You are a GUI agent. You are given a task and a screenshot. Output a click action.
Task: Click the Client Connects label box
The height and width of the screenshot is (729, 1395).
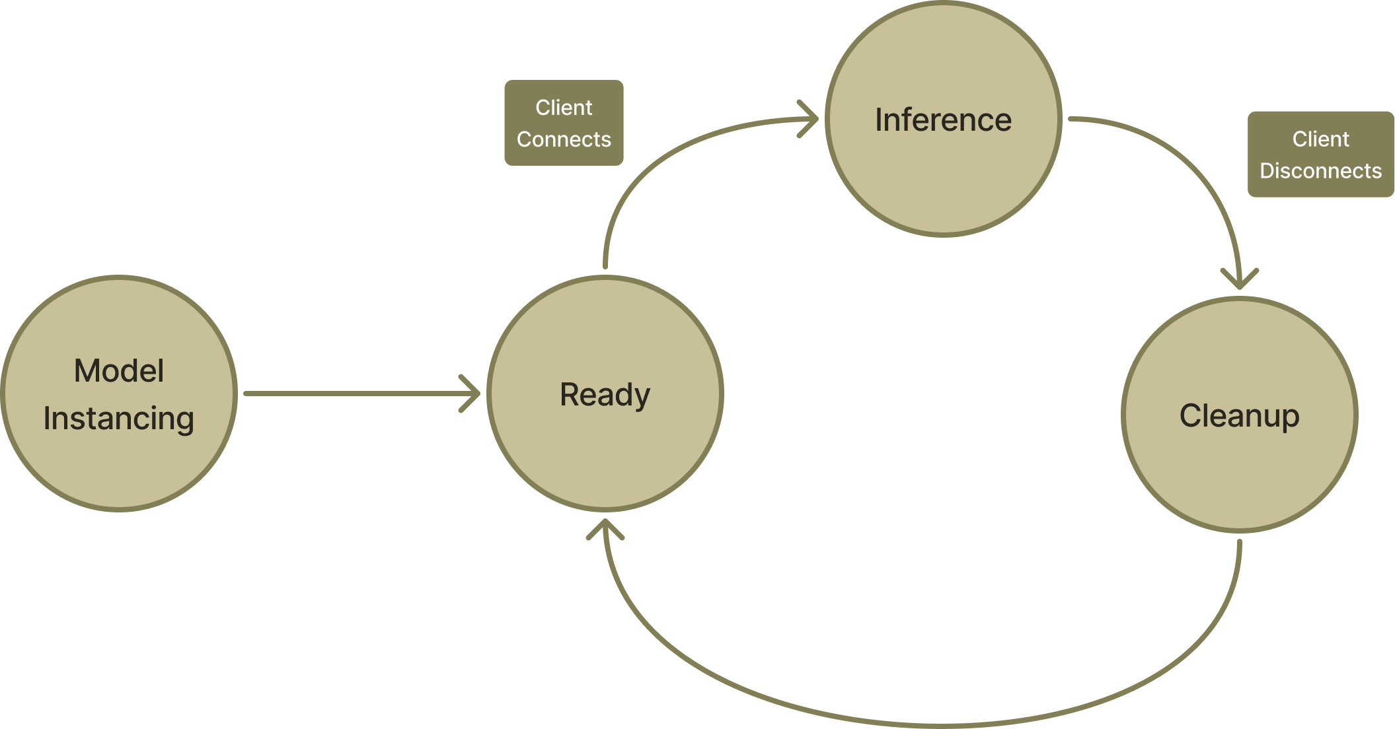pos(564,123)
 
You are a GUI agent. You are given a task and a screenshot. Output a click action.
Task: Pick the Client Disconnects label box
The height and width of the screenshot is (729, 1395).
pos(1320,154)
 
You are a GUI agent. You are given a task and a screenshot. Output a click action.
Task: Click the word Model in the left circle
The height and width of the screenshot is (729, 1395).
pos(119,370)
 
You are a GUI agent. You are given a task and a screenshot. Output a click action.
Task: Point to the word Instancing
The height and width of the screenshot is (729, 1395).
pos(119,419)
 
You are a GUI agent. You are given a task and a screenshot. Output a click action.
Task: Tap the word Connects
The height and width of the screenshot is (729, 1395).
pos(564,139)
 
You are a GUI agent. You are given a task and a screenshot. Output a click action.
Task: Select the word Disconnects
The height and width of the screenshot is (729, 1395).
pos(1320,171)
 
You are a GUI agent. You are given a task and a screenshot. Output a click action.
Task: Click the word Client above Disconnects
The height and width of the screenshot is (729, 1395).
pos(1320,139)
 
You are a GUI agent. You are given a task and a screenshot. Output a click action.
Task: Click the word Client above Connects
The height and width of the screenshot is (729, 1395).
pos(564,107)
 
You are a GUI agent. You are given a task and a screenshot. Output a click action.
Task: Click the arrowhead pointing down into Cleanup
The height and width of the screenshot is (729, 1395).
pos(1239,280)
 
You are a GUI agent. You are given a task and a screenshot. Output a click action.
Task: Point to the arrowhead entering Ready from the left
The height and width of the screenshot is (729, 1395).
pos(472,394)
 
